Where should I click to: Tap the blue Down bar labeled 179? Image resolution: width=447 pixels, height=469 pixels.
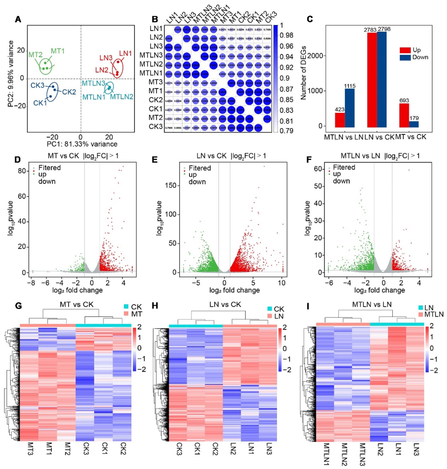point(414,124)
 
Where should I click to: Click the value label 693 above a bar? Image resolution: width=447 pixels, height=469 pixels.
point(404,100)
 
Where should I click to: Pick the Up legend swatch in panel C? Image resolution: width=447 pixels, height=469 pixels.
point(405,50)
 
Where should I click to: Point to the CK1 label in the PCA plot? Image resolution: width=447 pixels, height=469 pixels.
point(40,103)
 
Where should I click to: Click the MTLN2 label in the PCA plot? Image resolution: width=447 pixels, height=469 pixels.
point(122,96)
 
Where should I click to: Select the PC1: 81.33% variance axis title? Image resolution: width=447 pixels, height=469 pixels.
point(82,144)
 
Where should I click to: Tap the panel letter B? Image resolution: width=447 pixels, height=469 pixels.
point(155,19)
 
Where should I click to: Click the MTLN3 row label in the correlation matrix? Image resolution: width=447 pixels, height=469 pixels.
point(151,55)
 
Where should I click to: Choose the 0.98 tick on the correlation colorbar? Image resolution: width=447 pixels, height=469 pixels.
point(286,35)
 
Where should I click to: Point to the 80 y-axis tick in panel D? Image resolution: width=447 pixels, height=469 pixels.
point(22,171)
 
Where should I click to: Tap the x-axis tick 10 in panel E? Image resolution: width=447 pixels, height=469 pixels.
point(282,283)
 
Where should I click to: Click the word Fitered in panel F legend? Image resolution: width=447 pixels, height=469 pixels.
point(344,167)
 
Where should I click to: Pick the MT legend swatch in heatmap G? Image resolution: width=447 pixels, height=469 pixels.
point(126,314)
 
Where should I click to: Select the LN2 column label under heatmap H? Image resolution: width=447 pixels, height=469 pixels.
point(233,449)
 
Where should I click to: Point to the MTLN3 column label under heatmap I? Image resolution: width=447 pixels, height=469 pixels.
point(363,454)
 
